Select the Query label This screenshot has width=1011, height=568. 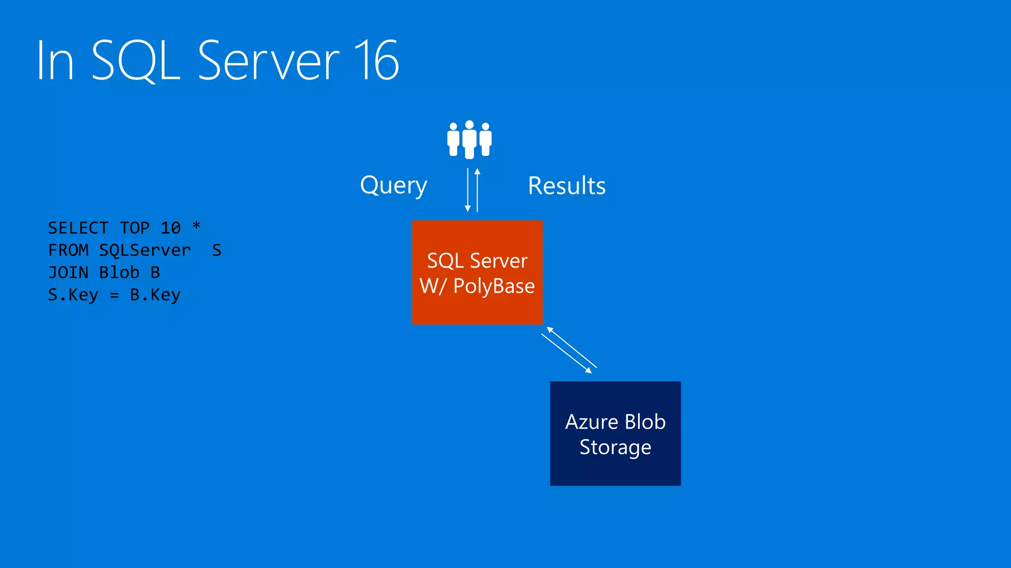point(393,186)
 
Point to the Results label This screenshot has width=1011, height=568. point(567,186)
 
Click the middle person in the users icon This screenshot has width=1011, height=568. point(469,140)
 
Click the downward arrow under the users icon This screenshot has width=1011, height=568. point(467,190)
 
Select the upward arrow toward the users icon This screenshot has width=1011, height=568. point(477,190)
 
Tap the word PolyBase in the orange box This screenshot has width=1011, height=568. point(494,286)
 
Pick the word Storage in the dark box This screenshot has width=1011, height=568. point(615,447)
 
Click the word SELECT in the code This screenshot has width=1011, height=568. point(78,228)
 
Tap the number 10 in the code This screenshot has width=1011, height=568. point(171,228)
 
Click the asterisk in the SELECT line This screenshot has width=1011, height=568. point(196,226)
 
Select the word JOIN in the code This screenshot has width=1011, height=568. point(68,272)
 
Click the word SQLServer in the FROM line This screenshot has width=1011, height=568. point(145,250)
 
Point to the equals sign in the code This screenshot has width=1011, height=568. point(114,295)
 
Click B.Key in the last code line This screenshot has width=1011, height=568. point(155,295)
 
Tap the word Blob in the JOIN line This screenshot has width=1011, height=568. point(119,272)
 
